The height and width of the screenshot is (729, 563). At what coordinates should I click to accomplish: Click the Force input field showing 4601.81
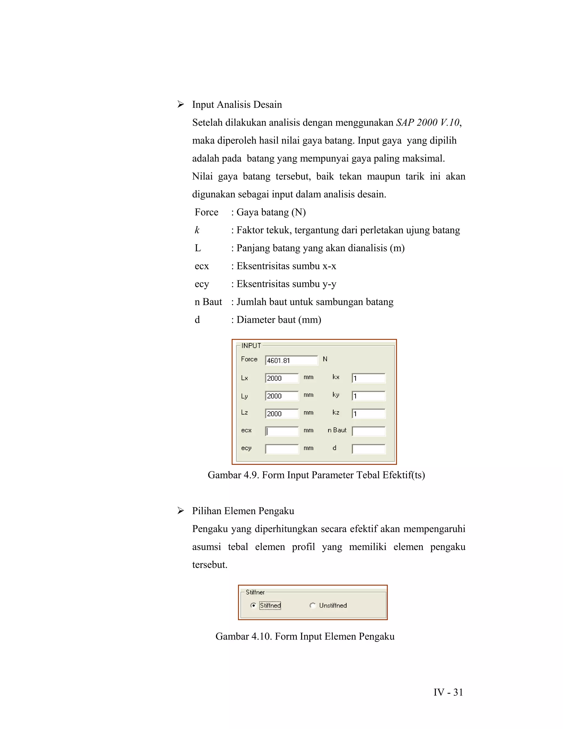[x=291, y=360]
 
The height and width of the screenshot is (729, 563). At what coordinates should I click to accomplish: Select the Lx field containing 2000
[x=282, y=378]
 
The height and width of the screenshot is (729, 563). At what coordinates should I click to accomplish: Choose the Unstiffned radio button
[x=313, y=605]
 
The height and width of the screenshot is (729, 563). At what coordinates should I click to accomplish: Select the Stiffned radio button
[x=253, y=605]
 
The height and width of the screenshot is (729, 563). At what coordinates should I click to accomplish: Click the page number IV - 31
[x=448, y=692]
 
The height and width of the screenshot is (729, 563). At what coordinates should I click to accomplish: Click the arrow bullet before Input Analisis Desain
[x=180, y=105]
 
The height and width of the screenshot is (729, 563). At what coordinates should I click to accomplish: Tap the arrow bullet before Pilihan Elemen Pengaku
[x=180, y=511]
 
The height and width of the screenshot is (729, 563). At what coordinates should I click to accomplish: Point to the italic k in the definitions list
[x=197, y=230]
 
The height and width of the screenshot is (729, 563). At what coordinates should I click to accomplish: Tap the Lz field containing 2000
[x=282, y=413]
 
